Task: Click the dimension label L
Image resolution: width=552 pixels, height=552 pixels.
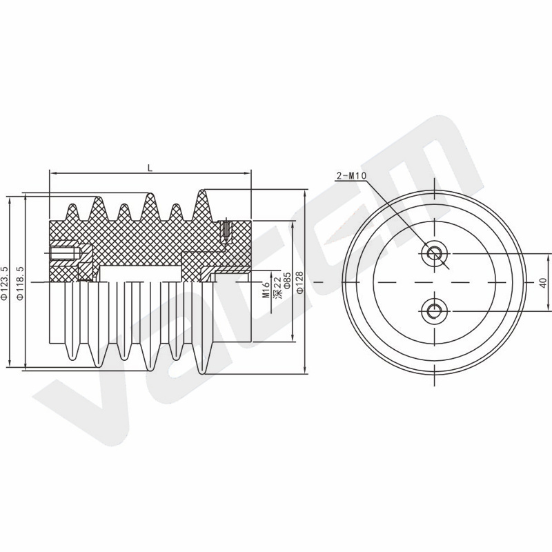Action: point(150,168)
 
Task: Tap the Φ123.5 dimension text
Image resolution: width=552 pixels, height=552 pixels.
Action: point(5,283)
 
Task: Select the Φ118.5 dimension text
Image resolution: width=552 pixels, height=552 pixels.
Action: point(21,283)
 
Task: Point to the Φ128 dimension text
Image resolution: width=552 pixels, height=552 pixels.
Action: point(299,282)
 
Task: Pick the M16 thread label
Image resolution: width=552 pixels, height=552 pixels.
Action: point(266,290)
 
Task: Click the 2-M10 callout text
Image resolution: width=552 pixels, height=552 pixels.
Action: point(351,176)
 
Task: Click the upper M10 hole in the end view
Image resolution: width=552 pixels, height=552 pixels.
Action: point(435,253)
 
